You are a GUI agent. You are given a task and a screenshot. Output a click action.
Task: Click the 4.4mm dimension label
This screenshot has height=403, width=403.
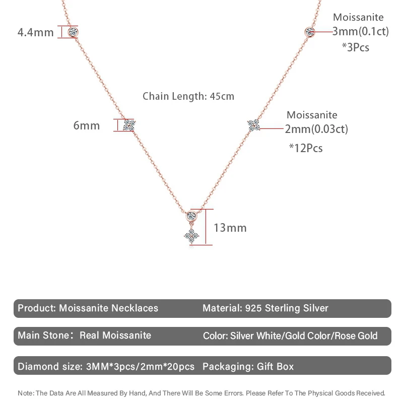click(x=35, y=33)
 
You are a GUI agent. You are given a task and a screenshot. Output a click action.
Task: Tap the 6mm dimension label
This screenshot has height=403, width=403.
click(x=87, y=125)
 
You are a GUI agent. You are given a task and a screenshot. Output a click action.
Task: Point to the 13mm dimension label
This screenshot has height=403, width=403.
click(x=230, y=228)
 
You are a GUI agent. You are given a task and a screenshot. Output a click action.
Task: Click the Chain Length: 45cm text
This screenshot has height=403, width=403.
click(x=188, y=96)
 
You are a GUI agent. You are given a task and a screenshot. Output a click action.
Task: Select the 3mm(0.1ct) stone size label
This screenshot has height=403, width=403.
click(x=361, y=31)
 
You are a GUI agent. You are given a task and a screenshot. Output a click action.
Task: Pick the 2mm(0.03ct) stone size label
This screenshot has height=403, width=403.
click(x=316, y=129)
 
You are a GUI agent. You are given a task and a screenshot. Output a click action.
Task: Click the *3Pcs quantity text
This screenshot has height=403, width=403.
click(x=355, y=47)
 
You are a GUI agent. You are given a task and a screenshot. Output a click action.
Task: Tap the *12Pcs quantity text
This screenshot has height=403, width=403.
click(x=306, y=148)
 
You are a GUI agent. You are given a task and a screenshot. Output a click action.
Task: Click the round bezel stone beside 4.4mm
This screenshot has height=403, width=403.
click(x=74, y=32)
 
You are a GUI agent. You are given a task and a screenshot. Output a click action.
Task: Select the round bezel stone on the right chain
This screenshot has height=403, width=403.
click(x=310, y=32)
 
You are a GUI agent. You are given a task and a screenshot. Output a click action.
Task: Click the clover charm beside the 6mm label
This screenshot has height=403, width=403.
click(x=129, y=125)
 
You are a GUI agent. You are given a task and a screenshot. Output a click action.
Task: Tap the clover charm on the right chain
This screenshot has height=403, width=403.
click(x=253, y=125)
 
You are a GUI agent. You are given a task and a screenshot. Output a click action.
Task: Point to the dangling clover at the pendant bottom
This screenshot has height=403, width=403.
click(x=191, y=235)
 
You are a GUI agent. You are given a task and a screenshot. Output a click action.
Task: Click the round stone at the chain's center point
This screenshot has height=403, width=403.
click(x=191, y=216)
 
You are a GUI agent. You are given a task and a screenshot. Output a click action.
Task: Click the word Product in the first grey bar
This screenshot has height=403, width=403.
click(x=36, y=308)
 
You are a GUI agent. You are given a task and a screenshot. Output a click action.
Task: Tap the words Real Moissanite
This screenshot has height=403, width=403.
click(x=115, y=335)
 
